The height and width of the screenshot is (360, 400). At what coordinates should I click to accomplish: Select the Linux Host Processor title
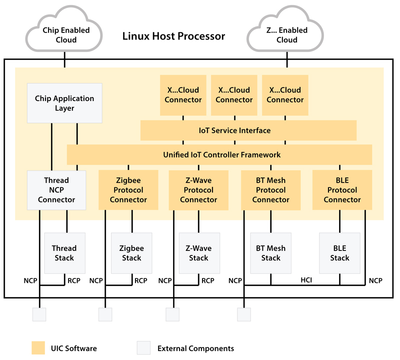173,36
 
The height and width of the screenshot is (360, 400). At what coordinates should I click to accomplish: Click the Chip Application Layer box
64,103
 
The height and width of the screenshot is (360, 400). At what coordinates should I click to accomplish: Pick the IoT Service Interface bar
248,130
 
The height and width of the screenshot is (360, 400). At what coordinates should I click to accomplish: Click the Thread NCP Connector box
56,190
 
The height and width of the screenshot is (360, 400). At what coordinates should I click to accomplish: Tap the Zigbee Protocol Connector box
128,190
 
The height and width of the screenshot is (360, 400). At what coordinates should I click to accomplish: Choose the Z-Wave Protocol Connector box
198,190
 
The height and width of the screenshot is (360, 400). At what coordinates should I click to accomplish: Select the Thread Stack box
64,253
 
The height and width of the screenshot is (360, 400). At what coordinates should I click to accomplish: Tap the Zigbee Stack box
131,253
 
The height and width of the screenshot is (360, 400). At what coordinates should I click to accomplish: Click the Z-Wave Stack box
198,253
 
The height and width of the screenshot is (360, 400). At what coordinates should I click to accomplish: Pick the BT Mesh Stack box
270,253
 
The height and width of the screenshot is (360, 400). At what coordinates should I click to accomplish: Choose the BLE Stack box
339,253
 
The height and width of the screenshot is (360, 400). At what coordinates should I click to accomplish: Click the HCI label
306,280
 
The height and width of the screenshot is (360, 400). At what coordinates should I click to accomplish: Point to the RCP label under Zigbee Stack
141,280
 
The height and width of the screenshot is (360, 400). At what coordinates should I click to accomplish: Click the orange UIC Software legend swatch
38,348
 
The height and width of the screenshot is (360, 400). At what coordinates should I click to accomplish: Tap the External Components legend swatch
143,348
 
